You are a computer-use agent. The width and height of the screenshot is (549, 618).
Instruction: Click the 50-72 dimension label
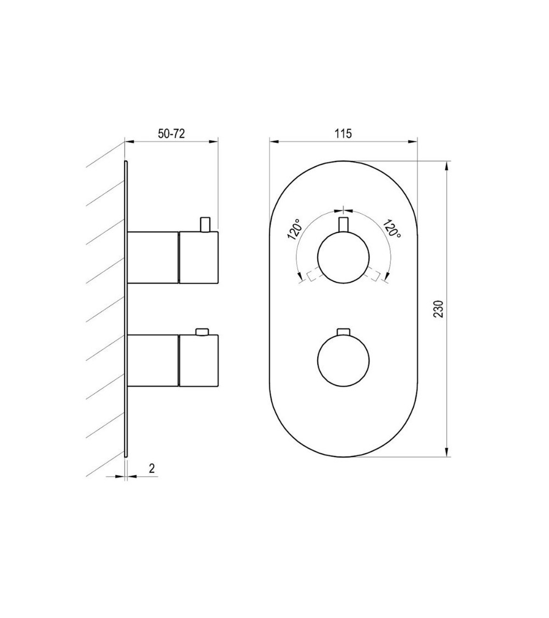coord(171,133)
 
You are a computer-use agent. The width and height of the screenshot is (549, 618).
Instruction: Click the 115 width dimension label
coord(343,133)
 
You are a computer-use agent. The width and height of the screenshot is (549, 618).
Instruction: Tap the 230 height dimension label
coord(439,309)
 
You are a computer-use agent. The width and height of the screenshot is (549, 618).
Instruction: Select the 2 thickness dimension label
coord(152,468)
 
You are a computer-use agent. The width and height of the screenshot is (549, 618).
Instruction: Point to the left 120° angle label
coord(295,230)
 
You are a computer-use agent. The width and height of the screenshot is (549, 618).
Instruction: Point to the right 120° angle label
coord(392,229)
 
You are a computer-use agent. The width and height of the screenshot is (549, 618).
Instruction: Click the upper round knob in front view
coord(344,257)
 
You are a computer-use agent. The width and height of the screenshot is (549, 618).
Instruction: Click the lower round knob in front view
coord(344,359)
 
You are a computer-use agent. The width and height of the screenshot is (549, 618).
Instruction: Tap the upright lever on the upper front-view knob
coord(344,224)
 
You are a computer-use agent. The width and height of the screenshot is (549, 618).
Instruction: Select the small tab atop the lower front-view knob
coord(344,330)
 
